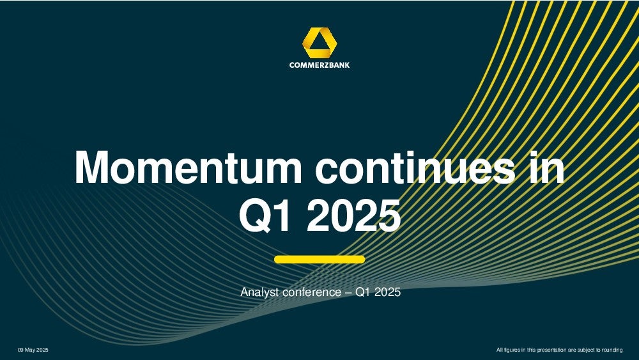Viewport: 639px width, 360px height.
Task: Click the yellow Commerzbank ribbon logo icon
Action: pyautogui.click(x=319, y=42)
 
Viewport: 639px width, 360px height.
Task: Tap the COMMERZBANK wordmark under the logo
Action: pyautogui.click(x=319, y=65)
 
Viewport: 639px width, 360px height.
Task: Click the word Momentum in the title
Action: pyautogui.click(x=189, y=168)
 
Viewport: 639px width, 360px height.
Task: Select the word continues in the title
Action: pyautogui.click(x=415, y=168)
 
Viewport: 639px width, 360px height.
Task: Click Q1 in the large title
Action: pyautogui.click(x=265, y=215)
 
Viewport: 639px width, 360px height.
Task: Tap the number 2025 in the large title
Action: pyautogui.click(x=353, y=215)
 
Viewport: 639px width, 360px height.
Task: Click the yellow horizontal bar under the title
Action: pyautogui.click(x=319, y=260)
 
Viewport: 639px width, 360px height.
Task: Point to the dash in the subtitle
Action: pyautogui.click(x=348, y=292)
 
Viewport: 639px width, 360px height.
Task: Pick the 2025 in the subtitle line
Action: pyautogui.click(x=388, y=292)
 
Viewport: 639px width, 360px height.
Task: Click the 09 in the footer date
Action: pyautogui.click(x=20, y=350)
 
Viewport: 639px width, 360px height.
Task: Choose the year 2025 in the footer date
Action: pyautogui.click(x=43, y=350)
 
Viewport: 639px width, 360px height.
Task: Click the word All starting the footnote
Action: pyautogui.click(x=500, y=350)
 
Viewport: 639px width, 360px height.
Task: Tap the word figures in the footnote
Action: pyautogui.click(x=512, y=350)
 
